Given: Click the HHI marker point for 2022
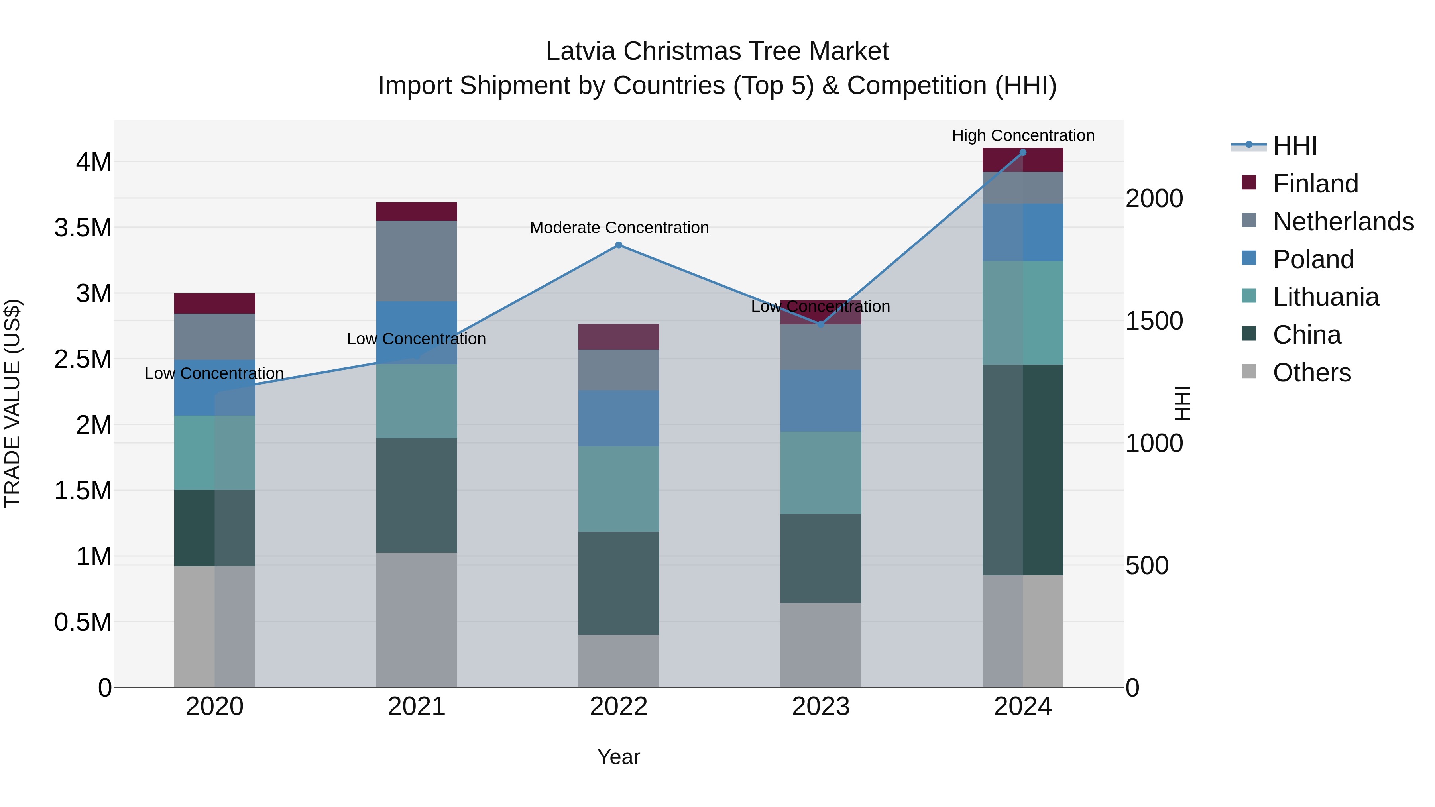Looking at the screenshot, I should pyautogui.click(x=618, y=245).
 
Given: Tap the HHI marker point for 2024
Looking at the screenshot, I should pyautogui.click(x=1023, y=153).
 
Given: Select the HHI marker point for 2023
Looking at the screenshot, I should pyautogui.click(x=821, y=324).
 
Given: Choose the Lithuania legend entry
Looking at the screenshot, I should pyautogui.click(x=1325, y=297).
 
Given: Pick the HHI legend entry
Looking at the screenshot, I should pyautogui.click(x=1295, y=146).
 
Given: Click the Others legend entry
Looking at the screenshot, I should pyautogui.click(x=1311, y=373).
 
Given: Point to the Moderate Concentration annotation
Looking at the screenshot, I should pyautogui.click(x=619, y=228).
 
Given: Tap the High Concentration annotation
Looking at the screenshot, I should pyautogui.click(x=1023, y=136).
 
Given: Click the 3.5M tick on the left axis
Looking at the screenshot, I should pyautogui.click(x=83, y=228).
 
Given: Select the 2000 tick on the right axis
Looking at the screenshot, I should pyautogui.click(x=1154, y=199).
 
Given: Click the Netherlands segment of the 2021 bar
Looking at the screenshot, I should pyautogui.click(x=416, y=261).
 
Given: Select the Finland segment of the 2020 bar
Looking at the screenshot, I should pyautogui.click(x=214, y=304).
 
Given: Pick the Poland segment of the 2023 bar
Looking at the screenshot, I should pyautogui.click(x=821, y=401).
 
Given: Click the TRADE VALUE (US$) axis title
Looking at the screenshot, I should pyautogui.click(x=12, y=403).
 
